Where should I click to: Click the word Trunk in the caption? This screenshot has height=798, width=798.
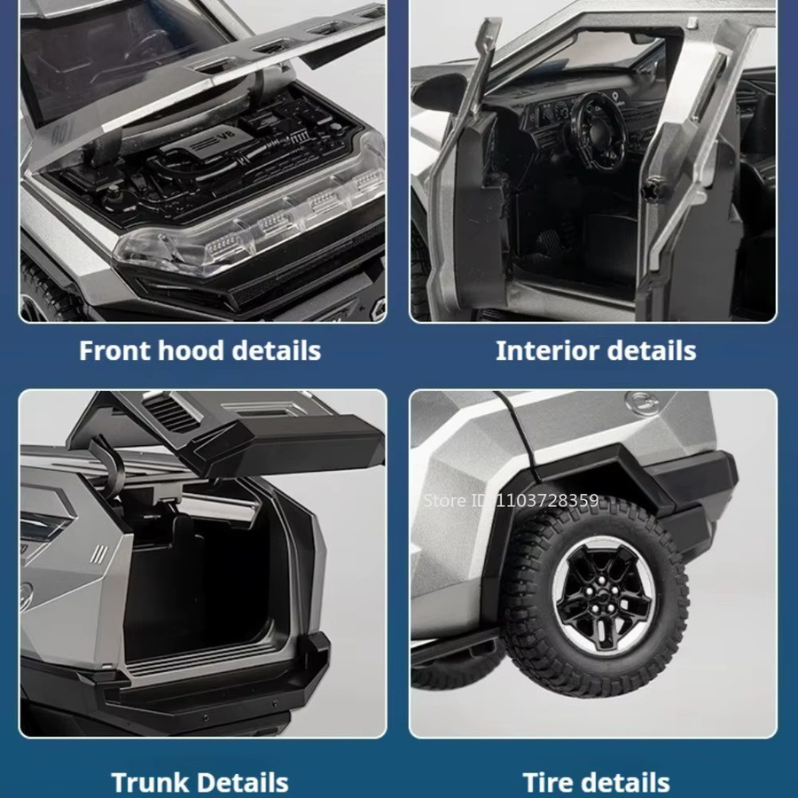[x=150, y=783]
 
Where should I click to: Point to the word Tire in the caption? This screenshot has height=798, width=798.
[x=550, y=783]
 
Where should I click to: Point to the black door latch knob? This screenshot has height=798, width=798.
[x=653, y=188]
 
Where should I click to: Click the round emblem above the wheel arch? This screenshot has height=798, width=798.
[x=642, y=403]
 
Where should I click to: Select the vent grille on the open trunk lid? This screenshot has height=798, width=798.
[x=169, y=411]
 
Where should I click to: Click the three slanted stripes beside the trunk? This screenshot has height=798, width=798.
[x=99, y=553]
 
